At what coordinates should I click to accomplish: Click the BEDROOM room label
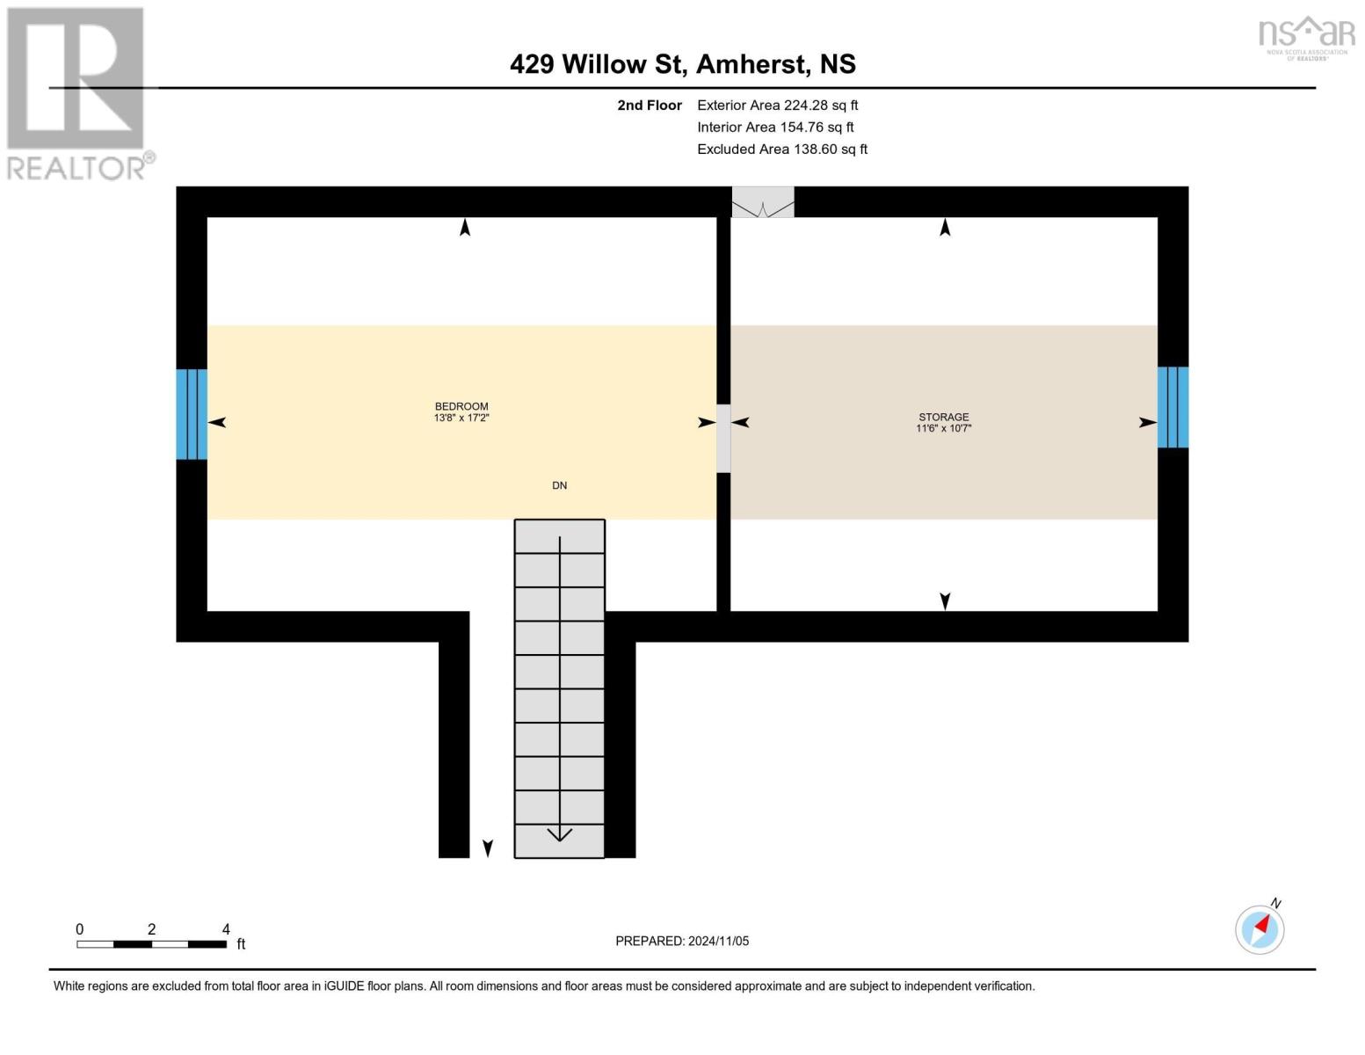[x=461, y=406]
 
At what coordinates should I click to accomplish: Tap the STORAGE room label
[x=943, y=417]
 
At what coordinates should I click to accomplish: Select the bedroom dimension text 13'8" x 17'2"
[x=461, y=418]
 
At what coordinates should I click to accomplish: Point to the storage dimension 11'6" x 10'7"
[x=943, y=429]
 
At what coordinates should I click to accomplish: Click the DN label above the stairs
[x=559, y=485]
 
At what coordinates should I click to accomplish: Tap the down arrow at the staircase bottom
[x=559, y=833]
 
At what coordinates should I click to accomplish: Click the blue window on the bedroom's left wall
[x=192, y=414]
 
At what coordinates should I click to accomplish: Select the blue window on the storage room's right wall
[x=1173, y=407]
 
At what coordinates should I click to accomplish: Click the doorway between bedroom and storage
[x=723, y=438]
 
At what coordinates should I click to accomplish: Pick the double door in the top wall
[x=763, y=202]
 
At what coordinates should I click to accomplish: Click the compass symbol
[x=1260, y=928]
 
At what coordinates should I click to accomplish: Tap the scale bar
[x=151, y=943]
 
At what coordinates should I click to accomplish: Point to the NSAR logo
[x=1306, y=37]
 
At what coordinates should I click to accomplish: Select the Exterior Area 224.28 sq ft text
[x=777, y=105]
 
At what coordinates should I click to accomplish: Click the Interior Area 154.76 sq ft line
[x=775, y=127]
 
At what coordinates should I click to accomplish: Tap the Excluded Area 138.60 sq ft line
[x=782, y=149]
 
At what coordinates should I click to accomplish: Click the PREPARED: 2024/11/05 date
[x=682, y=941]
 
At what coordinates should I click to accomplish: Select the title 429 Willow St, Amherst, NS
[x=682, y=64]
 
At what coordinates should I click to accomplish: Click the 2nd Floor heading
[x=650, y=105]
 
